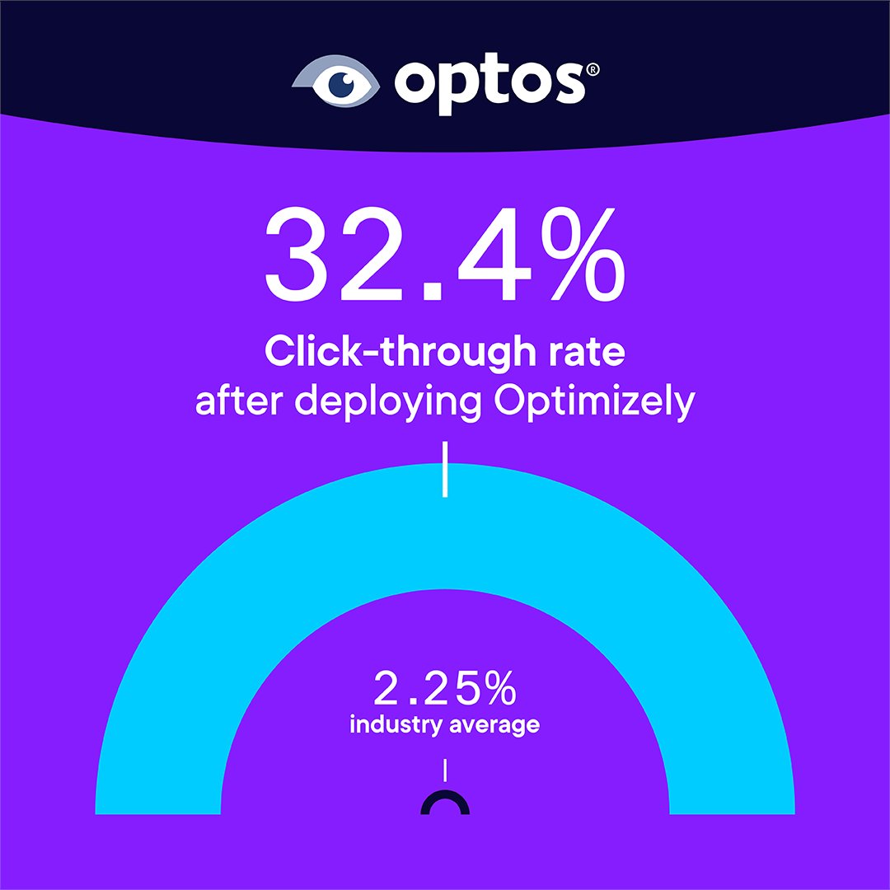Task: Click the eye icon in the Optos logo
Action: tap(337, 81)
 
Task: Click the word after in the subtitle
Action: tap(233, 403)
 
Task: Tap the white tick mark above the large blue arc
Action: tap(445, 470)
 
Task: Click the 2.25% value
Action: tap(445, 691)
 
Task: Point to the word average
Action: tap(496, 726)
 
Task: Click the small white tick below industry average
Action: tap(445, 770)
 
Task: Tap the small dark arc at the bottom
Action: tap(445, 801)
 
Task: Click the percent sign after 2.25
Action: tap(500, 691)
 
